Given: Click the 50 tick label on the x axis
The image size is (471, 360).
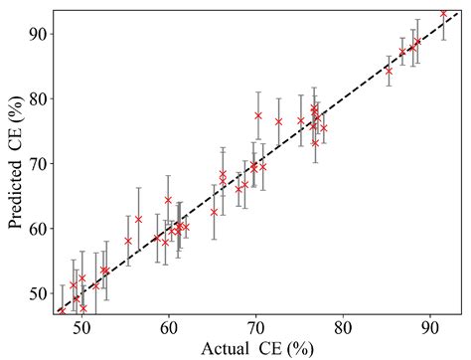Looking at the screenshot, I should (x=81, y=324).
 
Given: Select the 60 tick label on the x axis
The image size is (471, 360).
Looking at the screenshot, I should (x=169, y=324).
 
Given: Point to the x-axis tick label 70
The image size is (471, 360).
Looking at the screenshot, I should (x=255, y=324).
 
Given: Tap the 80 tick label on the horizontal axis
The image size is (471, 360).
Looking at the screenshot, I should (x=343, y=324).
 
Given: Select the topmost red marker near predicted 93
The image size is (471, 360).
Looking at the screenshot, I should (x=443, y=14).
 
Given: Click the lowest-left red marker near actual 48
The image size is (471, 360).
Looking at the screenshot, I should (x=62, y=311).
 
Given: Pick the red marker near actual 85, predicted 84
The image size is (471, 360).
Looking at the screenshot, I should (x=389, y=71).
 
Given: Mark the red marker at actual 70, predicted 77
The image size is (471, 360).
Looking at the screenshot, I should (x=258, y=115).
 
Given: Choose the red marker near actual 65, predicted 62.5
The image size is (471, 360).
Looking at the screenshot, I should (x=214, y=211).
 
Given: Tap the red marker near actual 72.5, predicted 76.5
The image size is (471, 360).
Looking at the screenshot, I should (x=278, y=121).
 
